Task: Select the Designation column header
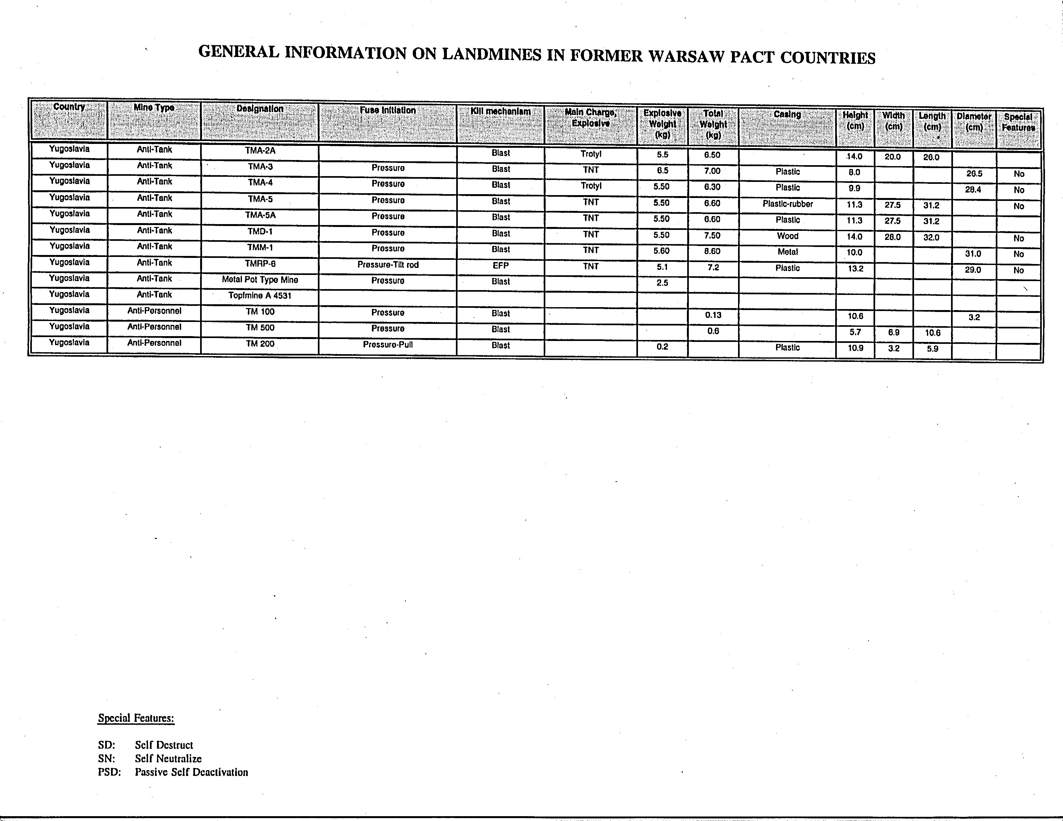[260, 109]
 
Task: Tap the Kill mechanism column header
[500, 111]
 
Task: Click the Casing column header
[787, 114]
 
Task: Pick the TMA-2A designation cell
[260, 150]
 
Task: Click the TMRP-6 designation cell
[260, 263]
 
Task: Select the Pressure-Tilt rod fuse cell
[388, 264]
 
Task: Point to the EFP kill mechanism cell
[500, 266]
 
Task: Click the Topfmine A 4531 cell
[260, 296]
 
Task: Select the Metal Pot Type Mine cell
[260, 279]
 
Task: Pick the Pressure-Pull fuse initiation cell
[388, 345]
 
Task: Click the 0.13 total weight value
[713, 315]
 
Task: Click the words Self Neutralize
[168, 759]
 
